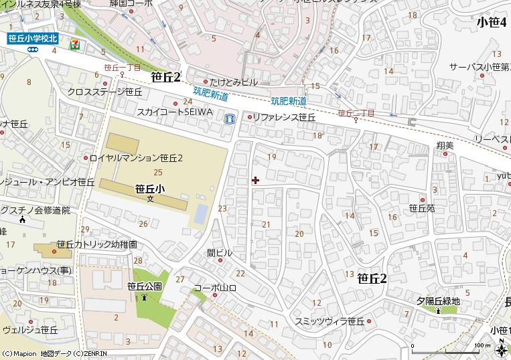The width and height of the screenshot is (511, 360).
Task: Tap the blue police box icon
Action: pyautogui.click(x=230, y=119)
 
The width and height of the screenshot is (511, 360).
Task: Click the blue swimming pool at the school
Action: pyautogui.click(x=200, y=214)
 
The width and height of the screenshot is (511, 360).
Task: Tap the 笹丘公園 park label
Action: pyautogui.click(x=144, y=286)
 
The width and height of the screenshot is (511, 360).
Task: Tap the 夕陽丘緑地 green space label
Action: pyautogui.click(x=438, y=301)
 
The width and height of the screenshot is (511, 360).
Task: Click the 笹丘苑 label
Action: pyautogui.click(x=422, y=209)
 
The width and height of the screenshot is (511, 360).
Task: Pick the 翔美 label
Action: pyautogui.click(x=445, y=145)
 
